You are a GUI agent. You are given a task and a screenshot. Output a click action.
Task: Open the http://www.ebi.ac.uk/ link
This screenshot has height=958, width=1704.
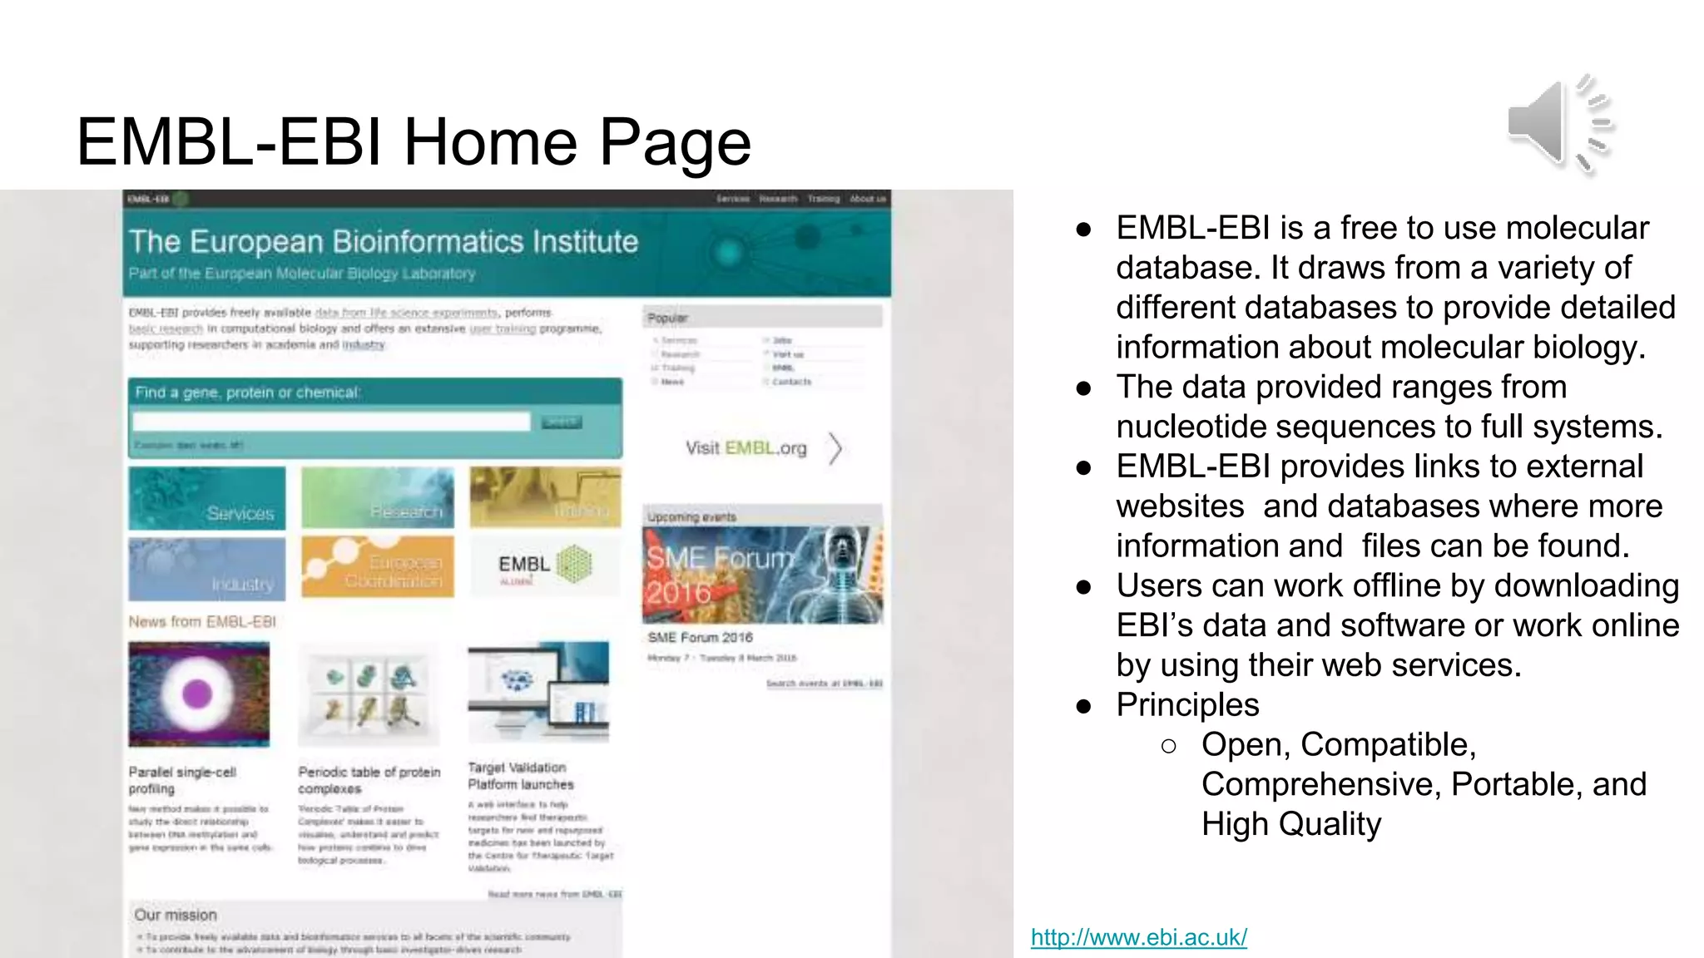coord(1138,937)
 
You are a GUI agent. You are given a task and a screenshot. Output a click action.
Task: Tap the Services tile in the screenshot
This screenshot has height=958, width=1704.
coord(207,498)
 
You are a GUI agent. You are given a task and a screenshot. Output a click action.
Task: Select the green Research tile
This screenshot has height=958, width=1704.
coord(378,498)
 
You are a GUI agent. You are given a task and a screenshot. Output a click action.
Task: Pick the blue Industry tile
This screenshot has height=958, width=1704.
coord(207,569)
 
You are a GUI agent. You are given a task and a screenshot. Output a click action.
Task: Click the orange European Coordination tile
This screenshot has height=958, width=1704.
coord(378,567)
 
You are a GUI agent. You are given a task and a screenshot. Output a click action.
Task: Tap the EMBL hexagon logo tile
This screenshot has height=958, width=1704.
coord(545,565)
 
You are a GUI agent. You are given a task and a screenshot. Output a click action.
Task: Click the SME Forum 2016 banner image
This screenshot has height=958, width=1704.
coord(762,575)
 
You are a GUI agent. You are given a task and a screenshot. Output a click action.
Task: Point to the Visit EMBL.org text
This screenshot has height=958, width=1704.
coord(745,448)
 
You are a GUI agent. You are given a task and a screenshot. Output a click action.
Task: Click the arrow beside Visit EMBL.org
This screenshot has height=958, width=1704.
coord(835,448)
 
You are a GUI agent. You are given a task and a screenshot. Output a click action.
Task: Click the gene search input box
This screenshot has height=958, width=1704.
coord(331,422)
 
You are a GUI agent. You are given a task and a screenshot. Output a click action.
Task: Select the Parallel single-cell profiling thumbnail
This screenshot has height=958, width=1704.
coord(199,694)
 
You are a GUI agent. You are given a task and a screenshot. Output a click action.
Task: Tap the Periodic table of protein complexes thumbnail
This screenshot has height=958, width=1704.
coord(369,694)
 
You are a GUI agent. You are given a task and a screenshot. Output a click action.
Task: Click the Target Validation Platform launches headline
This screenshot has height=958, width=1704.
coord(521,776)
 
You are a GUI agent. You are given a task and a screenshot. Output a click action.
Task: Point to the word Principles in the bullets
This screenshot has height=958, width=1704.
coord(1187,705)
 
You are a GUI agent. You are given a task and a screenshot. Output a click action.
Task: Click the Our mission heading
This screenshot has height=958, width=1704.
coord(176,915)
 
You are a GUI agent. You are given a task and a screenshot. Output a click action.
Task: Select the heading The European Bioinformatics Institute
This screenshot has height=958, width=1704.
coord(384,242)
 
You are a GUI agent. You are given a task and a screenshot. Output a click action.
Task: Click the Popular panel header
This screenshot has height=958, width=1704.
coord(762,318)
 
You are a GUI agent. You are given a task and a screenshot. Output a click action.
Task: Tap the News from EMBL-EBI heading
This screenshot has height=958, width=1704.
coord(202,622)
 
